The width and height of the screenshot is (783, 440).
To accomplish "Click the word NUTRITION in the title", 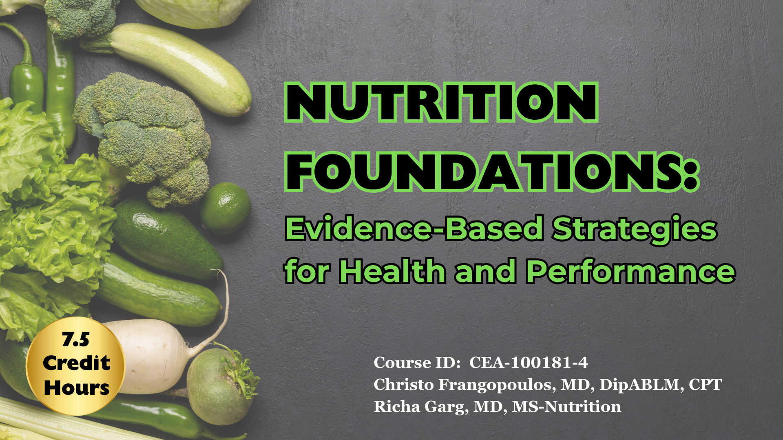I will pos(441,102).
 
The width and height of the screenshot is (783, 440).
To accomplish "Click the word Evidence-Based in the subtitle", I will pos(414,229).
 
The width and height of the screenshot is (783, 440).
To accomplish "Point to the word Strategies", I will pos(634,229).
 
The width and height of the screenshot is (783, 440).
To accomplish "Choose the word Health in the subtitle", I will pos(392,272).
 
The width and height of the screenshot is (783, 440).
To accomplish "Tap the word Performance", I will pos(630,272).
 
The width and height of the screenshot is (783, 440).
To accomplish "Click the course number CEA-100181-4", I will pos(529,363).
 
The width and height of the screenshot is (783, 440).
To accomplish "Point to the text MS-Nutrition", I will pos(566,407).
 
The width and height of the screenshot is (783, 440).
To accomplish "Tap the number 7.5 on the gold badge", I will pos(75,339).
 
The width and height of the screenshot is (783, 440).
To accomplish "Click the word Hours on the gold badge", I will pos(77,388).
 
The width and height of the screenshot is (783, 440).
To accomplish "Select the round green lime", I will pos(226,208).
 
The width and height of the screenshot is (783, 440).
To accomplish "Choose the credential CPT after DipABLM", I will pos(705,385).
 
